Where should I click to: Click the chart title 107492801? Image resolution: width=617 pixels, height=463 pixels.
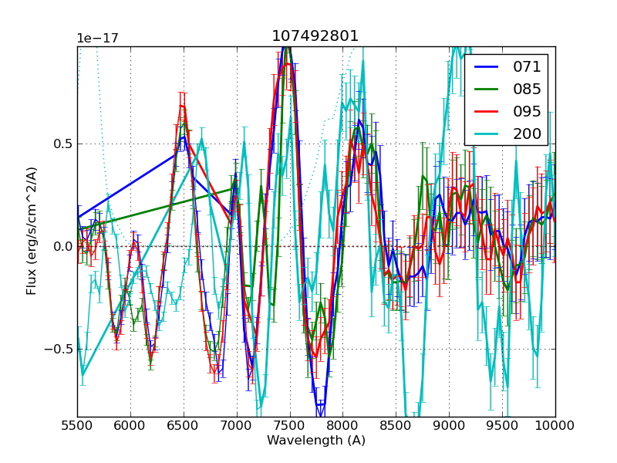(x=315, y=36)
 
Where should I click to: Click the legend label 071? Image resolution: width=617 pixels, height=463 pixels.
(x=528, y=66)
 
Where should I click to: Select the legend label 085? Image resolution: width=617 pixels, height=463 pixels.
(x=528, y=89)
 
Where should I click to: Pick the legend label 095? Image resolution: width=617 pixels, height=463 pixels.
(x=528, y=111)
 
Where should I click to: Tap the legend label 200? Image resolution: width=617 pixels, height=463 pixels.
(x=528, y=133)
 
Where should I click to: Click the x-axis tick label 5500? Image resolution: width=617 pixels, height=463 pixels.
(x=77, y=425)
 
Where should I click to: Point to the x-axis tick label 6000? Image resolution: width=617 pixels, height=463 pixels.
(x=130, y=425)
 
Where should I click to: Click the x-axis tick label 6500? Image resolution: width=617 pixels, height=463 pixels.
(x=184, y=425)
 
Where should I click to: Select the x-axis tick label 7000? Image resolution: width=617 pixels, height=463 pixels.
(x=237, y=425)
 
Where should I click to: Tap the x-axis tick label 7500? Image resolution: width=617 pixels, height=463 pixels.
(x=290, y=425)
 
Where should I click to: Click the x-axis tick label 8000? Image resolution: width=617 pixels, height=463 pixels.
(x=342, y=425)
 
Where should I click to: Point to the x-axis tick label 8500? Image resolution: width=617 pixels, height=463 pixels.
(x=396, y=425)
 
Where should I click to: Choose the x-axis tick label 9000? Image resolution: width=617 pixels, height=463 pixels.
(x=449, y=425)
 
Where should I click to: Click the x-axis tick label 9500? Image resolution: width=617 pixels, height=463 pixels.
(x=502, y=425)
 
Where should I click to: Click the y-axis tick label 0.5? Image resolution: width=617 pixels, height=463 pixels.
(x=62, y=144)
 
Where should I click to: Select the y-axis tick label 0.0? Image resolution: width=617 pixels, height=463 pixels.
(x=62, y=246)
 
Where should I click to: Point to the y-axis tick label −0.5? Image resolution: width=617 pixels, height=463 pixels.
(x=59, y=349)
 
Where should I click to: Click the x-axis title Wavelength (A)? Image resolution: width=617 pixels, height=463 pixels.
(x=316, y=441)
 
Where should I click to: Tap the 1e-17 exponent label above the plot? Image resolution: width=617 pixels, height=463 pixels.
(x=96, y=39)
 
